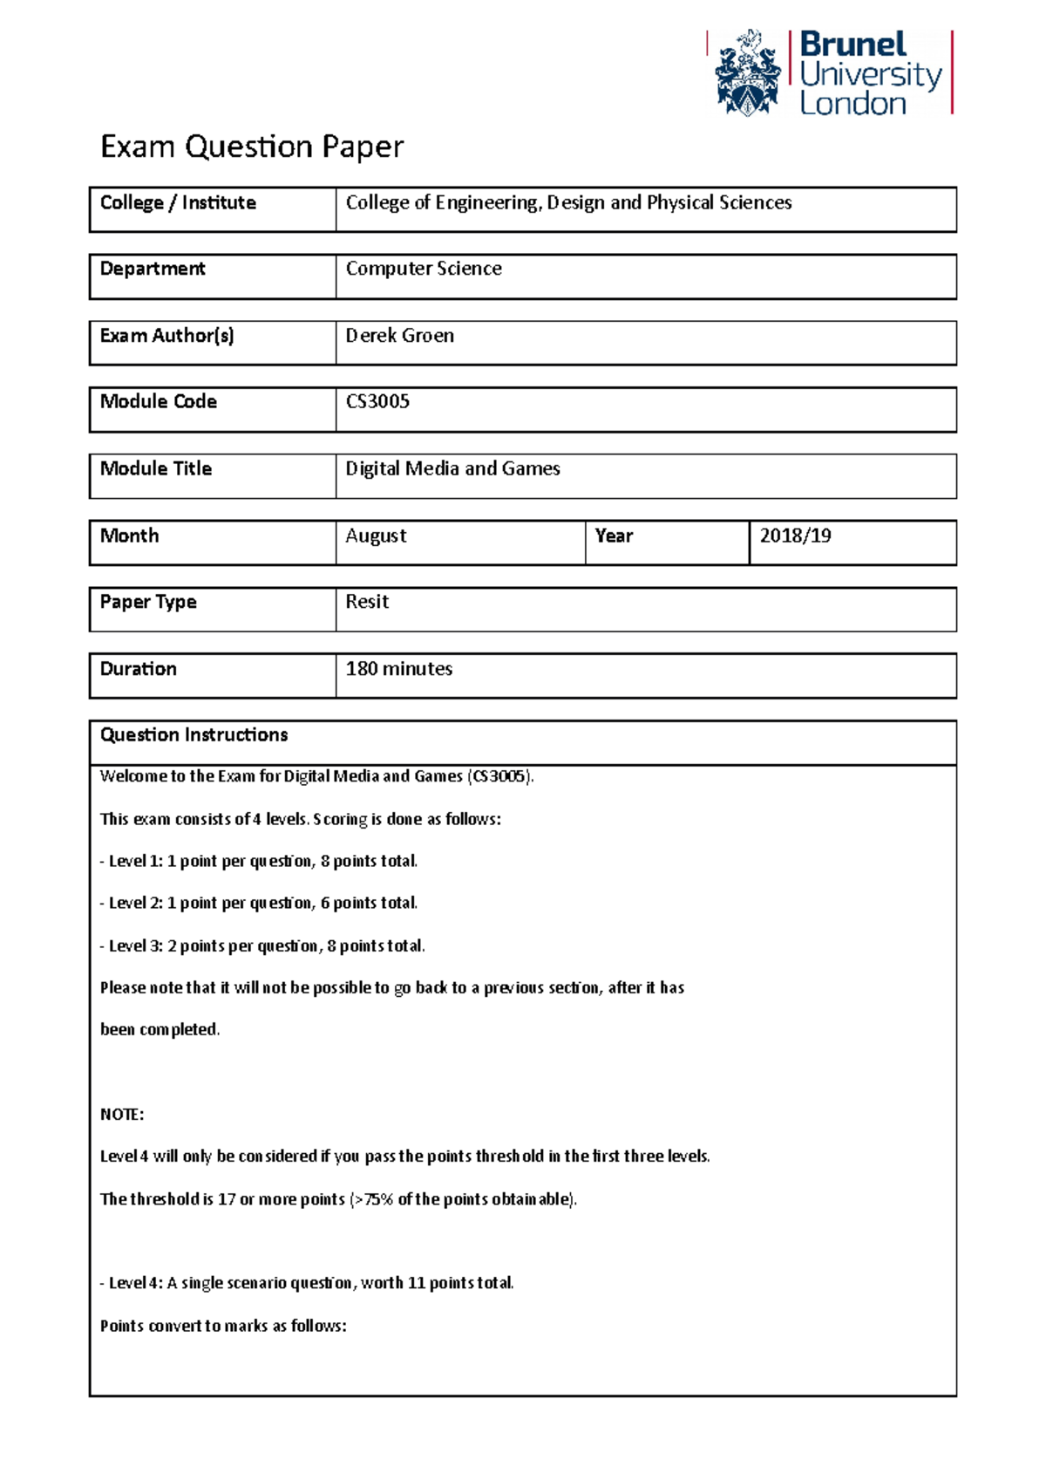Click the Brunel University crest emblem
click(x=747, y=73)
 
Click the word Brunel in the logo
click(x=852, y=44)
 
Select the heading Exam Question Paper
click(x=251, y=147)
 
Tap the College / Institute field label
click(x=178, y=203)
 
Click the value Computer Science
click(x=424, y=270)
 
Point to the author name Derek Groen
click(x=399, y=336)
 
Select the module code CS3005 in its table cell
click(x=377, y=402)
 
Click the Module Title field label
click(x=156, y=469)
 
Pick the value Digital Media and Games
click(x=452, y=469)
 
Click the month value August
click(x=376, y=536)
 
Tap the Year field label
click(x=614, y=536)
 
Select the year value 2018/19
click(x=795, y=536)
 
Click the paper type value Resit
click(x=367, y=602)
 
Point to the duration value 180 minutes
click(x=399, y=669)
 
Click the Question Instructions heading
click(x=194, y=735)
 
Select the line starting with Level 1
click(x=259, y=862)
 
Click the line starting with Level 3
click(x=262, y=946)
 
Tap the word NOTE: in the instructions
click(x=122, y=1115)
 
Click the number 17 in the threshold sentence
click(x=227, y=1199)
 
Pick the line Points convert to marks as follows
click(x=223, y=1327)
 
